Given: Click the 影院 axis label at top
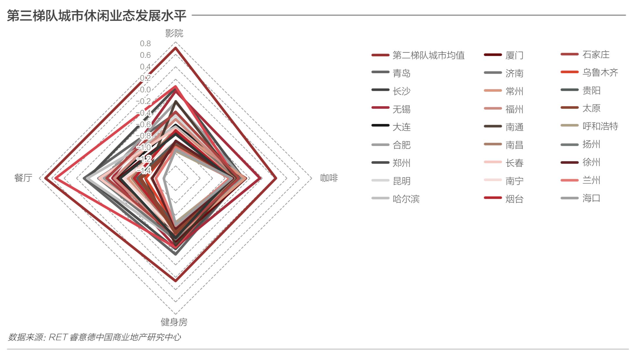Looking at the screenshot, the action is click(x=174, y=33).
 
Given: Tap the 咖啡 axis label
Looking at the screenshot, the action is click(x=329, y=178).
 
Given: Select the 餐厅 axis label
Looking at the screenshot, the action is click(x=23, y=178).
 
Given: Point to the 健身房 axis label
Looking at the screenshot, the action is click(x=174, y=322).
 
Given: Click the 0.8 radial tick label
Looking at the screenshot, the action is click(x=145, y=44).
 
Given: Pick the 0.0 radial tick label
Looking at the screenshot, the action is click(x=145, y=90).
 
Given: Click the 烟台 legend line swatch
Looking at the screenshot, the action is click(x=493, y=198).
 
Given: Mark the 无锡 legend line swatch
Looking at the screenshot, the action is click(x=380, y=108).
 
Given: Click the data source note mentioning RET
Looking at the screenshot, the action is click(x=94, y=337).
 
